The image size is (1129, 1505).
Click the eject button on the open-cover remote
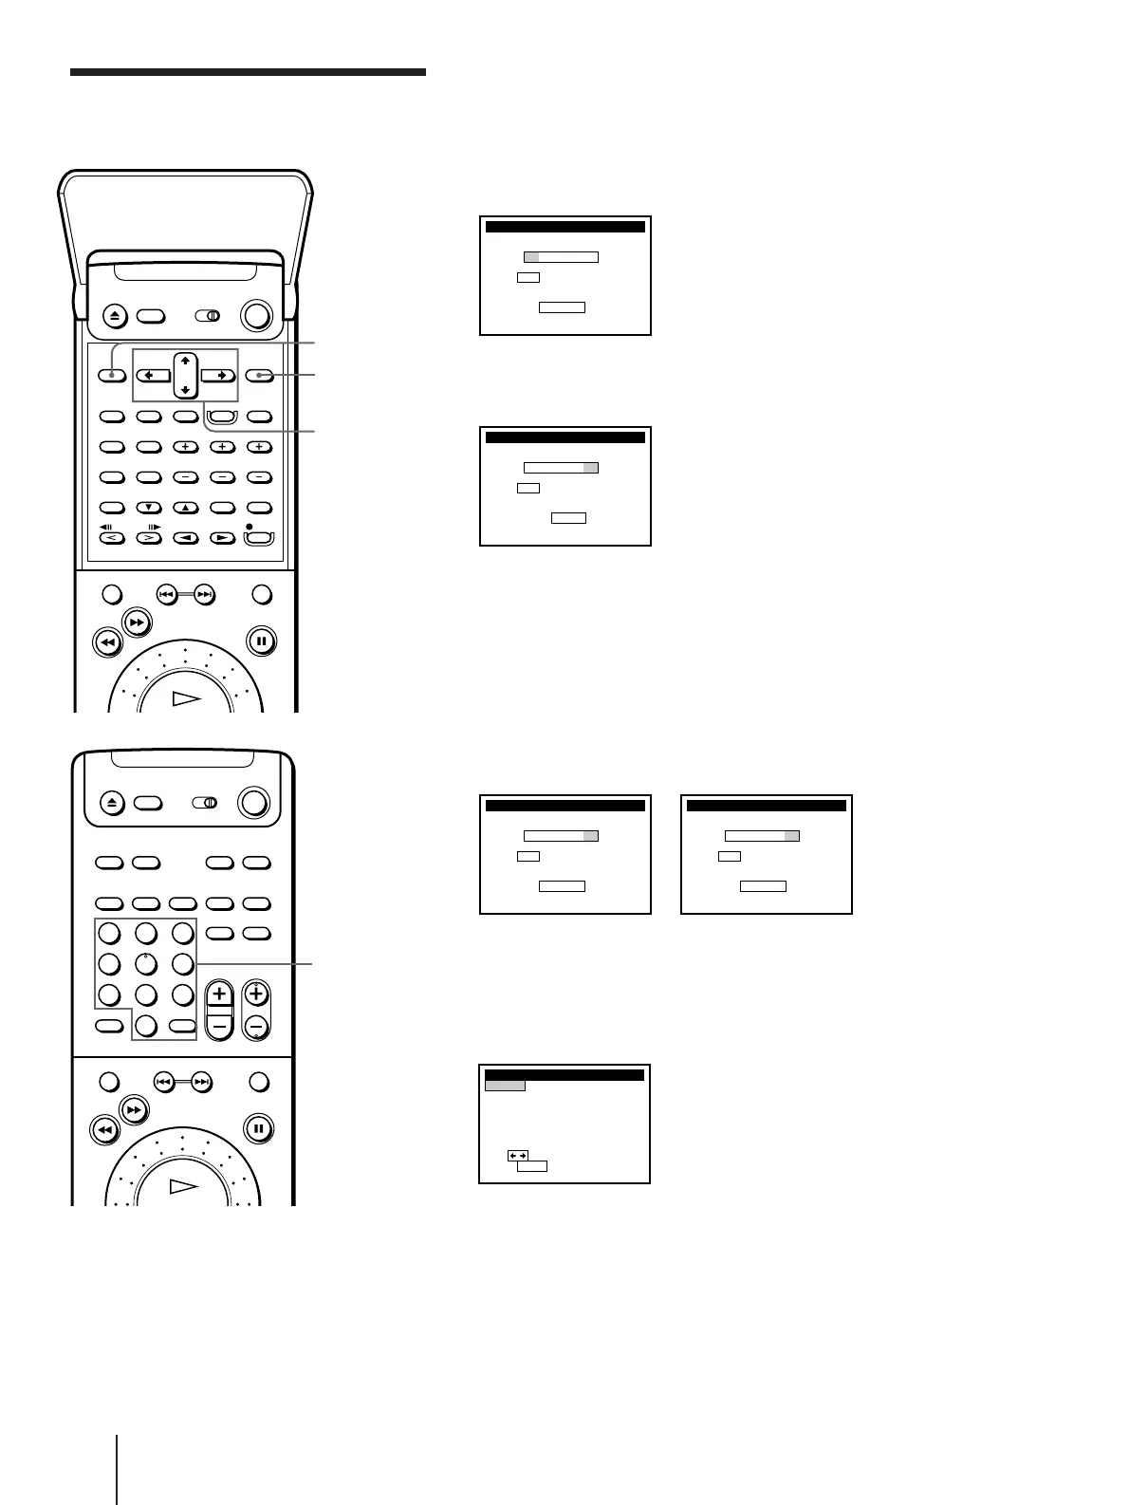pyautogui.click(x=112, y=316)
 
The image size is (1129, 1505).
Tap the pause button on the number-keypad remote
pyautogui.click(x=258, y=1129)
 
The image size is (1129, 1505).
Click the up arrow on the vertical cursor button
pyautogui.click(x=185, y=362)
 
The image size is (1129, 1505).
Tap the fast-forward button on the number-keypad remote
pyautogui.click(x=134, y=1108)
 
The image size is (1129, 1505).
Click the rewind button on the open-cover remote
pyautogui.click(x=107, y=642)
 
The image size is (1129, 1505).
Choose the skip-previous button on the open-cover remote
pyautogui.click(x=166, y=595)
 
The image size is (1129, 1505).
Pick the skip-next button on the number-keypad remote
pyautogui.click(x=201, y=1081)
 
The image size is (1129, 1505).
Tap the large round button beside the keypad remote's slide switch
pyautogui.click(x=254, y=803)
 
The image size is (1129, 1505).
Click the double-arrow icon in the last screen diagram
pyautogui.click(x=518, y=1155)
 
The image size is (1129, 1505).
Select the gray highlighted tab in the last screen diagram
pyautogui.click(x=505, y=1086)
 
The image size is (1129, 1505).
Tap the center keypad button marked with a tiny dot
pyautogui.click(x=145, y=964)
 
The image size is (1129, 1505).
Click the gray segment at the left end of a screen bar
pyautogui.click(x=531, y=256)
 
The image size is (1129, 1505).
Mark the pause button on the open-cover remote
pyautogui.click(x=261, y=641)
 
